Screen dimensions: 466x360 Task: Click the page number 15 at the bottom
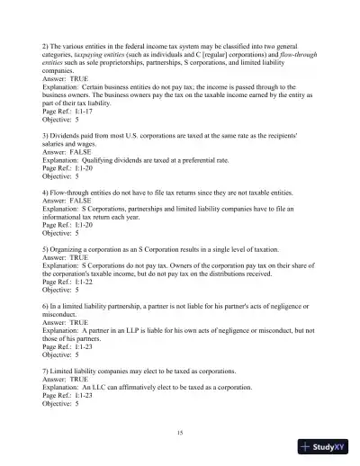[x=180, y=434]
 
